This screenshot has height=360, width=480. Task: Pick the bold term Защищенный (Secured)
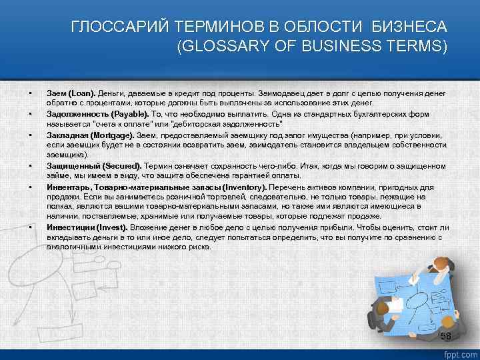tap(91, 165)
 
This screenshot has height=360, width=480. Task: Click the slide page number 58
tap(446, 335)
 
